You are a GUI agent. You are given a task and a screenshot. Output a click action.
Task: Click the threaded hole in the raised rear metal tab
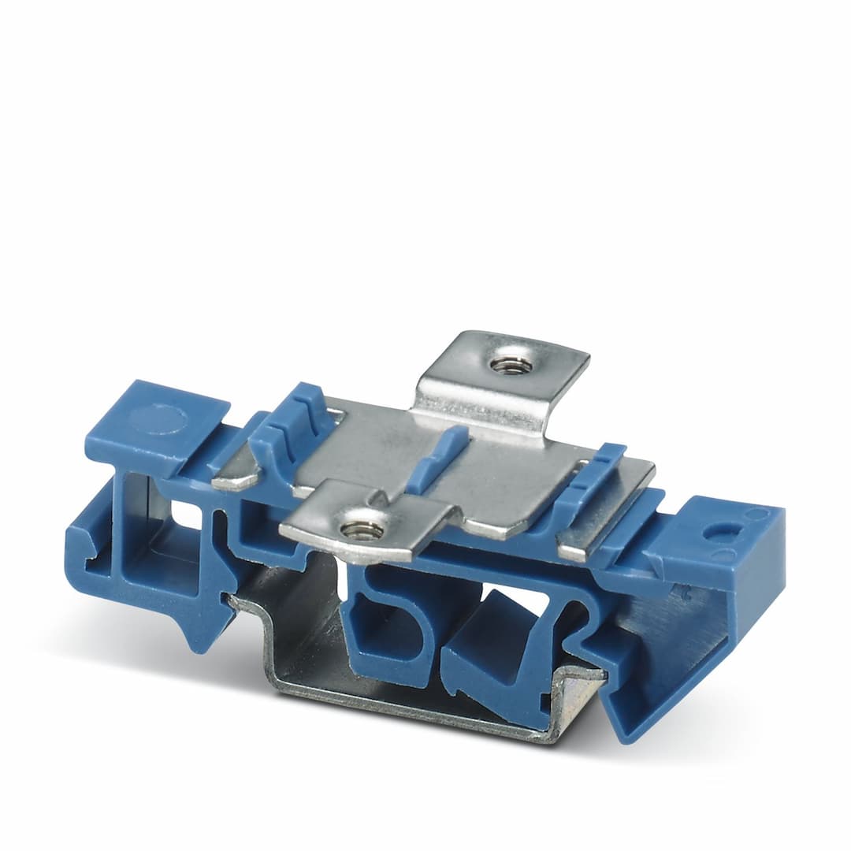[x=511, y=365]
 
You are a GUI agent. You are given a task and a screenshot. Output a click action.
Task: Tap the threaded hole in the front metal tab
[x=362, y=530]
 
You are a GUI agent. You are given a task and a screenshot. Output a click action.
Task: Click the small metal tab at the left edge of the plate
[x=235, y=477]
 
